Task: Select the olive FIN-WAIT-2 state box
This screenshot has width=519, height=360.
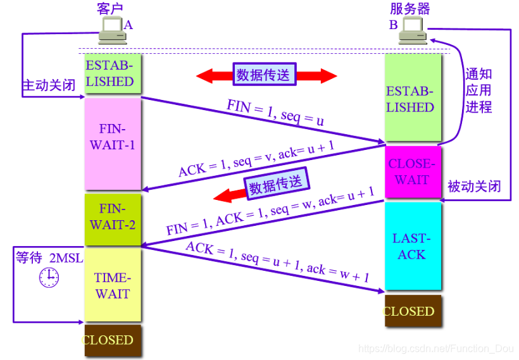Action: [x=113, y=216]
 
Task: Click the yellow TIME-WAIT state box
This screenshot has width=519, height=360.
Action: [x=113, y=285]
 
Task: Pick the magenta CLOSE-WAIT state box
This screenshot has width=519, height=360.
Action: [x=412, y=171]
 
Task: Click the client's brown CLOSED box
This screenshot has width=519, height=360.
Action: [x=113, y=340]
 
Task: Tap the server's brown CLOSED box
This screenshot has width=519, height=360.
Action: [x=412, y=311]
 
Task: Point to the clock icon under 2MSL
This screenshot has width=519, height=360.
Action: [x=49, y=277]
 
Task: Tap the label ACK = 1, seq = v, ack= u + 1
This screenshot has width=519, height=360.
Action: [x=256, y=158]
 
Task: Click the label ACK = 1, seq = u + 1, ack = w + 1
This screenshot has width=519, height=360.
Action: [x=277, y=261]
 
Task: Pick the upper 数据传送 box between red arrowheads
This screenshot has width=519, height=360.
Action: [x=264, y=75]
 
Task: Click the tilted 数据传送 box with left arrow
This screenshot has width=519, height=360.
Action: [x=277, y=185]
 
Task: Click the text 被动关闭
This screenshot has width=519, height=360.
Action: [x=474, y=186]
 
